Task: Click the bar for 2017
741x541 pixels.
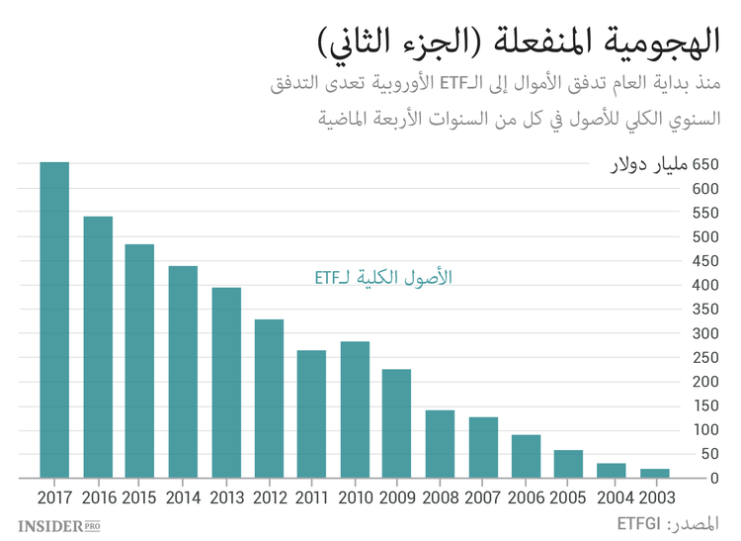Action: click(54, 320)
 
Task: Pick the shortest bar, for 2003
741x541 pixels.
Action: click(655, 473)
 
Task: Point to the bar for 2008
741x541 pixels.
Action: click(440, 444)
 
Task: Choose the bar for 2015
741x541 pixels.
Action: click(139, 361)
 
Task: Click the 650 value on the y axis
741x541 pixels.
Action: click(705, 164)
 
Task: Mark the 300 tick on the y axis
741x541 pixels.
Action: click(705, 333)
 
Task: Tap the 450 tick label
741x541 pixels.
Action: click(705, 261)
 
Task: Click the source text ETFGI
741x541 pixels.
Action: click(638, 522)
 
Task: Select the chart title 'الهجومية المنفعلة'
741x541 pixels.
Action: click(593, 42)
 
